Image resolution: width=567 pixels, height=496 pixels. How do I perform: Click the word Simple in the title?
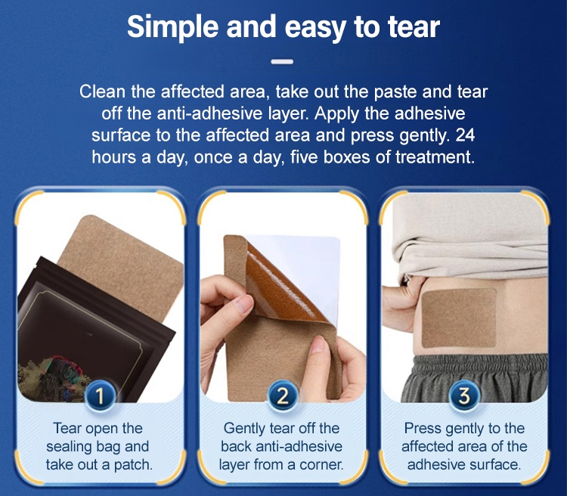(172, 27)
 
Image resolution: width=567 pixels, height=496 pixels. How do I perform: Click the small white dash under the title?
(282, 62)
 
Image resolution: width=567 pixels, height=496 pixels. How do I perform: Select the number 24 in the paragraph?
(465, 135)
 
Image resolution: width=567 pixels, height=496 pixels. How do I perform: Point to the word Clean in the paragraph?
(103, 91)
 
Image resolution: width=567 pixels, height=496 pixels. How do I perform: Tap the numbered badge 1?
(100, 395)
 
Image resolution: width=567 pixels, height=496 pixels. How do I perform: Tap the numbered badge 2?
(283, 395)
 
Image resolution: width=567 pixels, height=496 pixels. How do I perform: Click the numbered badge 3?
(464, 395)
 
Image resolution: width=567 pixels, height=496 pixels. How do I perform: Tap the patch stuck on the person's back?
(459, 318)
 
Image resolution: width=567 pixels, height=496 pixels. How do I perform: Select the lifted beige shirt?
(470, 235)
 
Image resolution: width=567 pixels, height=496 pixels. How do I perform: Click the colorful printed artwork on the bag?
(54, 377)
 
